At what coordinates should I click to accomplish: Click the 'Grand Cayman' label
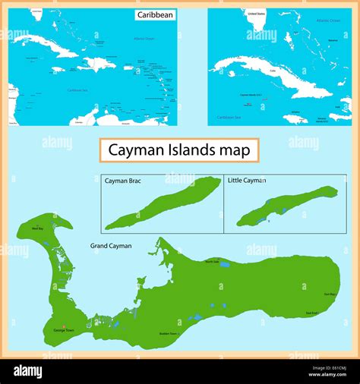111,246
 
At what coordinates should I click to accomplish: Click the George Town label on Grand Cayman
64,332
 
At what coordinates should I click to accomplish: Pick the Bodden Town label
169,333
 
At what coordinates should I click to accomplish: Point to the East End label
312,313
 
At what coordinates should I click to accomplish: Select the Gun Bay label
330,294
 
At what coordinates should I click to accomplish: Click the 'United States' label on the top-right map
256,13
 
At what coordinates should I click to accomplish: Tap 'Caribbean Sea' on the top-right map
228,118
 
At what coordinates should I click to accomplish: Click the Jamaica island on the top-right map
295,119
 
